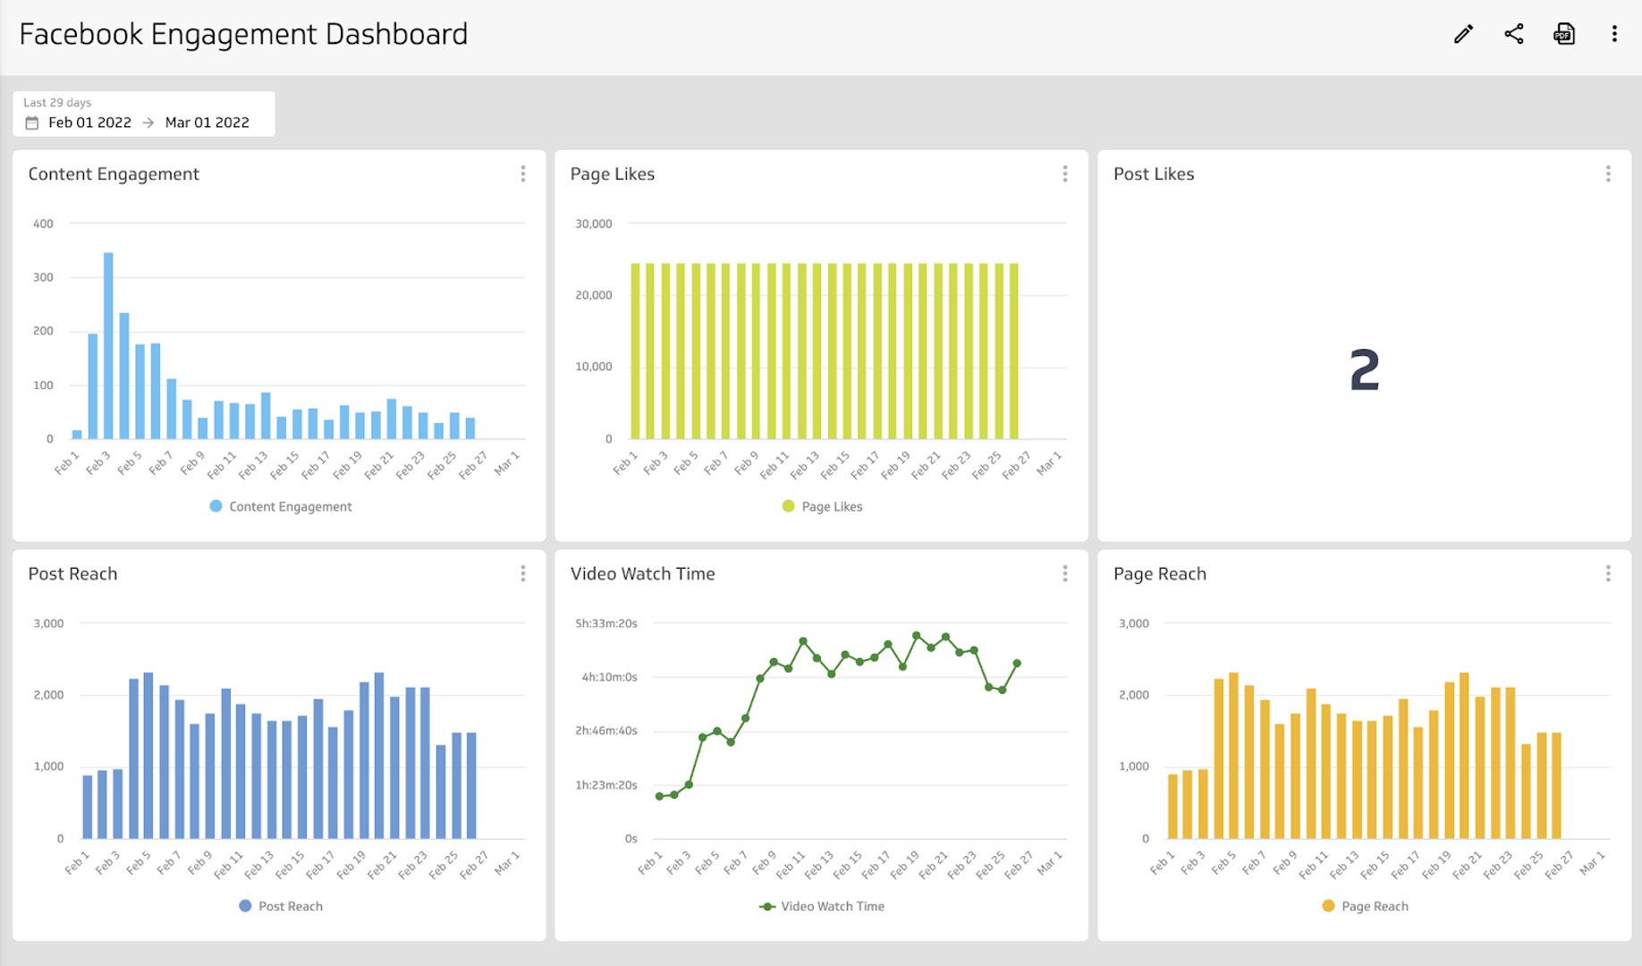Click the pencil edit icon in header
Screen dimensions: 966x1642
coord(1463,34)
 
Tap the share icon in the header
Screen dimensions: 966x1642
coord(1513,34)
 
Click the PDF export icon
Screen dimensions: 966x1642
coord(1563,34)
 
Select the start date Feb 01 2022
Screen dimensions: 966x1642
coord(89,123)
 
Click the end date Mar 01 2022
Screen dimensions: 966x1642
coord(207,123)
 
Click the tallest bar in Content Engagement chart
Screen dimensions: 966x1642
coord(108,345)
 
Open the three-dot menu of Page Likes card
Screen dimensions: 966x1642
coord(1064,174)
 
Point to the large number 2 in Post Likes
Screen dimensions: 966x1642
coord(1364,370)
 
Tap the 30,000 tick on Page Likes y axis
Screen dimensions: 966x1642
coord(593,224)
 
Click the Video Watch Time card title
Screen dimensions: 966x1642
coord(642,574)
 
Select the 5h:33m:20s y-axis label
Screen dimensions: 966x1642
coord(605,623)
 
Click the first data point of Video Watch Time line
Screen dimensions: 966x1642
coord(660,796)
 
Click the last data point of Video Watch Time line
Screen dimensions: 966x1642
coord(1017,664)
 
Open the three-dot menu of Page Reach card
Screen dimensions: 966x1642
coord(1607,573)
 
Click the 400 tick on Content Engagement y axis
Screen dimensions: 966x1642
coord(43,224)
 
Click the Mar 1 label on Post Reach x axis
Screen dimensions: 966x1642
coord(506,863)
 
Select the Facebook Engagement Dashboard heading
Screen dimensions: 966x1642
coord(243,34)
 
